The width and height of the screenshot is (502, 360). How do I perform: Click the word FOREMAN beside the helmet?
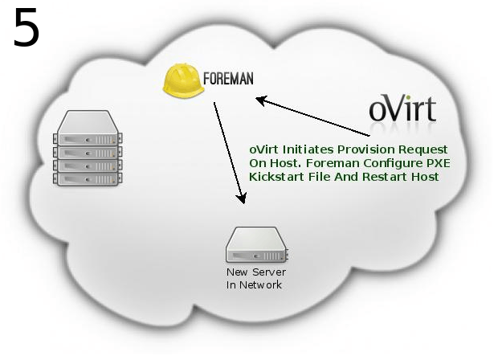tap(228, 80)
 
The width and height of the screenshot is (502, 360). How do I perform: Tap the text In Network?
tap(254, 285)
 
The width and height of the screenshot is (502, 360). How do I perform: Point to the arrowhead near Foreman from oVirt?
tap(260, 100)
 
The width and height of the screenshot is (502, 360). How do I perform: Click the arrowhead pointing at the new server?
tap(239, 198)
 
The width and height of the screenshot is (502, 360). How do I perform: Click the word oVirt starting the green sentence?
tap(264, 150)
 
